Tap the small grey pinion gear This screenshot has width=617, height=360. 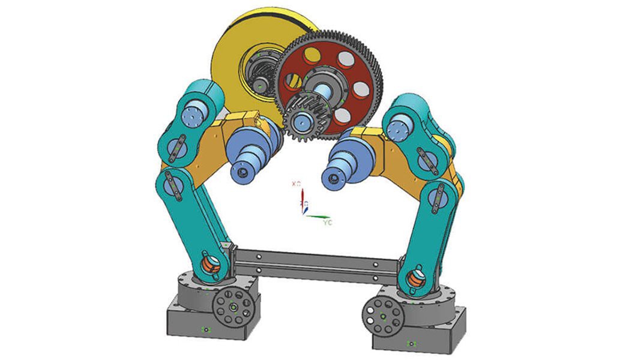point(303,120)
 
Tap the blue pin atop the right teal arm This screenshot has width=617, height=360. point(400,128)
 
